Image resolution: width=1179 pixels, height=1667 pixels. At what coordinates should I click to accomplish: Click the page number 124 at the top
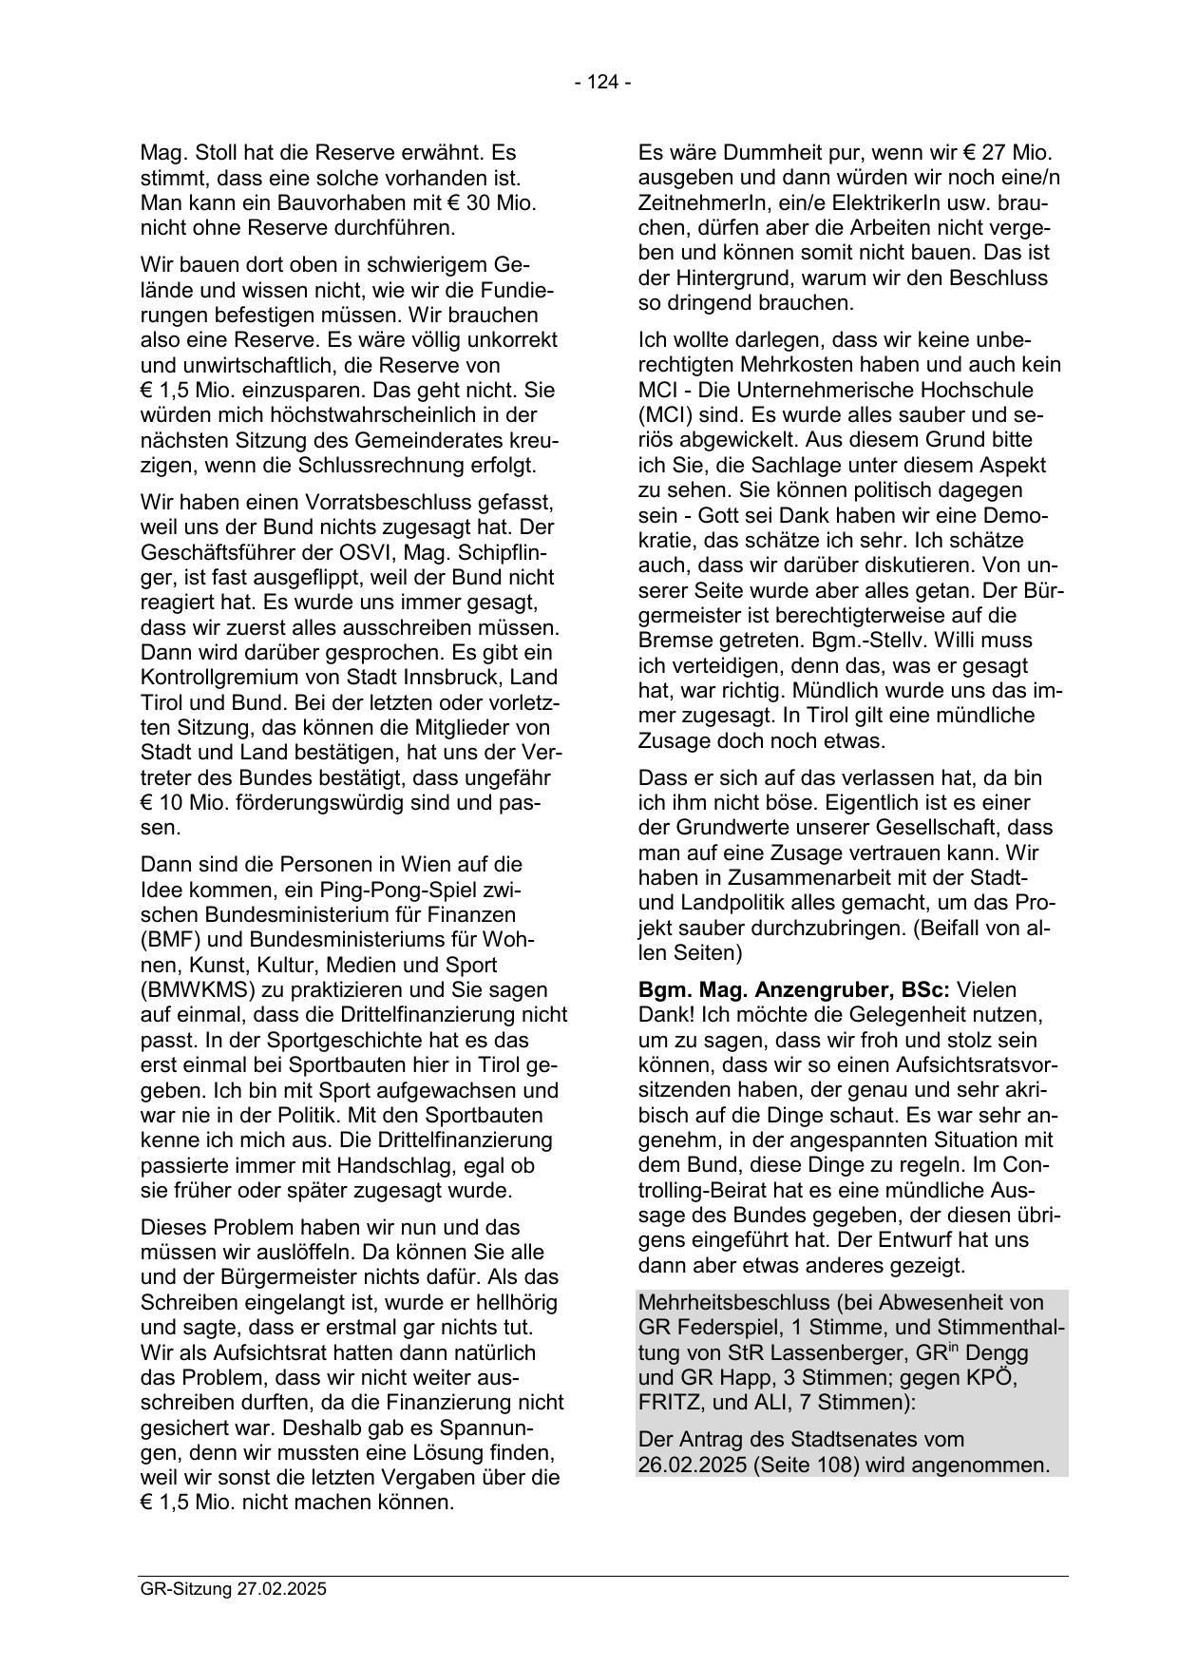[602, 83]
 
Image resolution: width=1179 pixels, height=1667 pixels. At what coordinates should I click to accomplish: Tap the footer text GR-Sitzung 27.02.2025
[233, 1588]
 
